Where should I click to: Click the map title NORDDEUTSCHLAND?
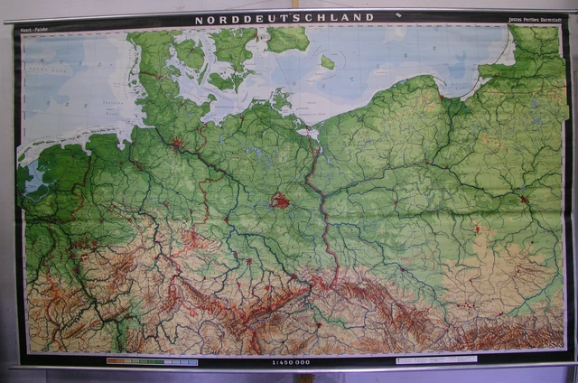pos(284,18)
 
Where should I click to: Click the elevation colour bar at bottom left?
pos(152,361)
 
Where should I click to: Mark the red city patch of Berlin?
pos(281,201)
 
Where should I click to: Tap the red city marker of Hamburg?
pos(177,143)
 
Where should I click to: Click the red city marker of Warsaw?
pos(524,199)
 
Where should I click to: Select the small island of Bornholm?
pos(327,62)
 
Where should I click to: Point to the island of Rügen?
pos(281,99)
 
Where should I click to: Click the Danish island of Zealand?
pos(233,45)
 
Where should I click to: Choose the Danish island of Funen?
pos(191,54)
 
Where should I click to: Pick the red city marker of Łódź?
pos(477,229)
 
